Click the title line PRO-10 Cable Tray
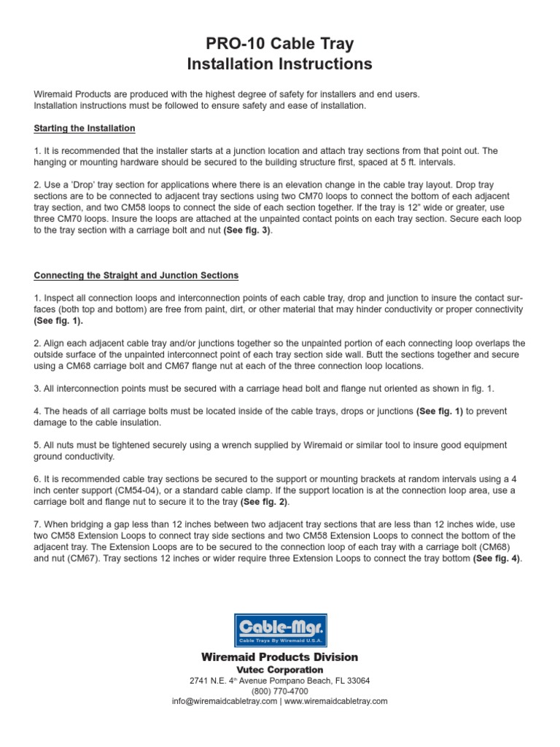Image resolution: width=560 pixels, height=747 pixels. click(x=280, y=44)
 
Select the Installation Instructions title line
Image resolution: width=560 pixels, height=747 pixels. click(x=280, y=64)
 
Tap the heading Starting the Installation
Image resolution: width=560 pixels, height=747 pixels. click(x=85, y=128)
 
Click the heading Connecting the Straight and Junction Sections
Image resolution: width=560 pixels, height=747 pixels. click(x=136, y=276)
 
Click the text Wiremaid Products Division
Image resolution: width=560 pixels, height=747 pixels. click(x=280, y=657)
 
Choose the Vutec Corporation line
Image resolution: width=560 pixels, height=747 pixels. click(x=280, y=670)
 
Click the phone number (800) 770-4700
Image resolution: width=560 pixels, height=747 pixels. click(x=280, y=691)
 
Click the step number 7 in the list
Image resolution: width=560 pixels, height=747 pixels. click(x=36, y=525)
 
